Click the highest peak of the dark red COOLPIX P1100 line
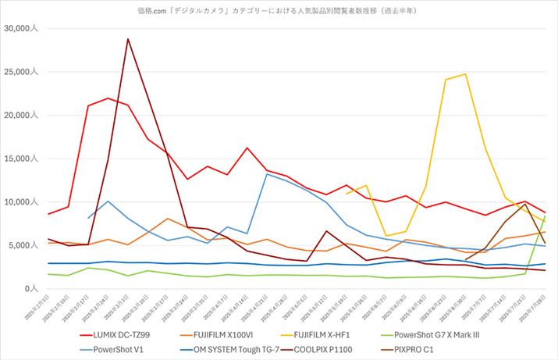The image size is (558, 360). tap(128, 38)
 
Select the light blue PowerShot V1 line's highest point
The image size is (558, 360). tap(267, 174)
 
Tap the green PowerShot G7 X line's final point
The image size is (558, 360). tap(544, 216)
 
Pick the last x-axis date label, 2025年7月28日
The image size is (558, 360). tap(536, 305)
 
